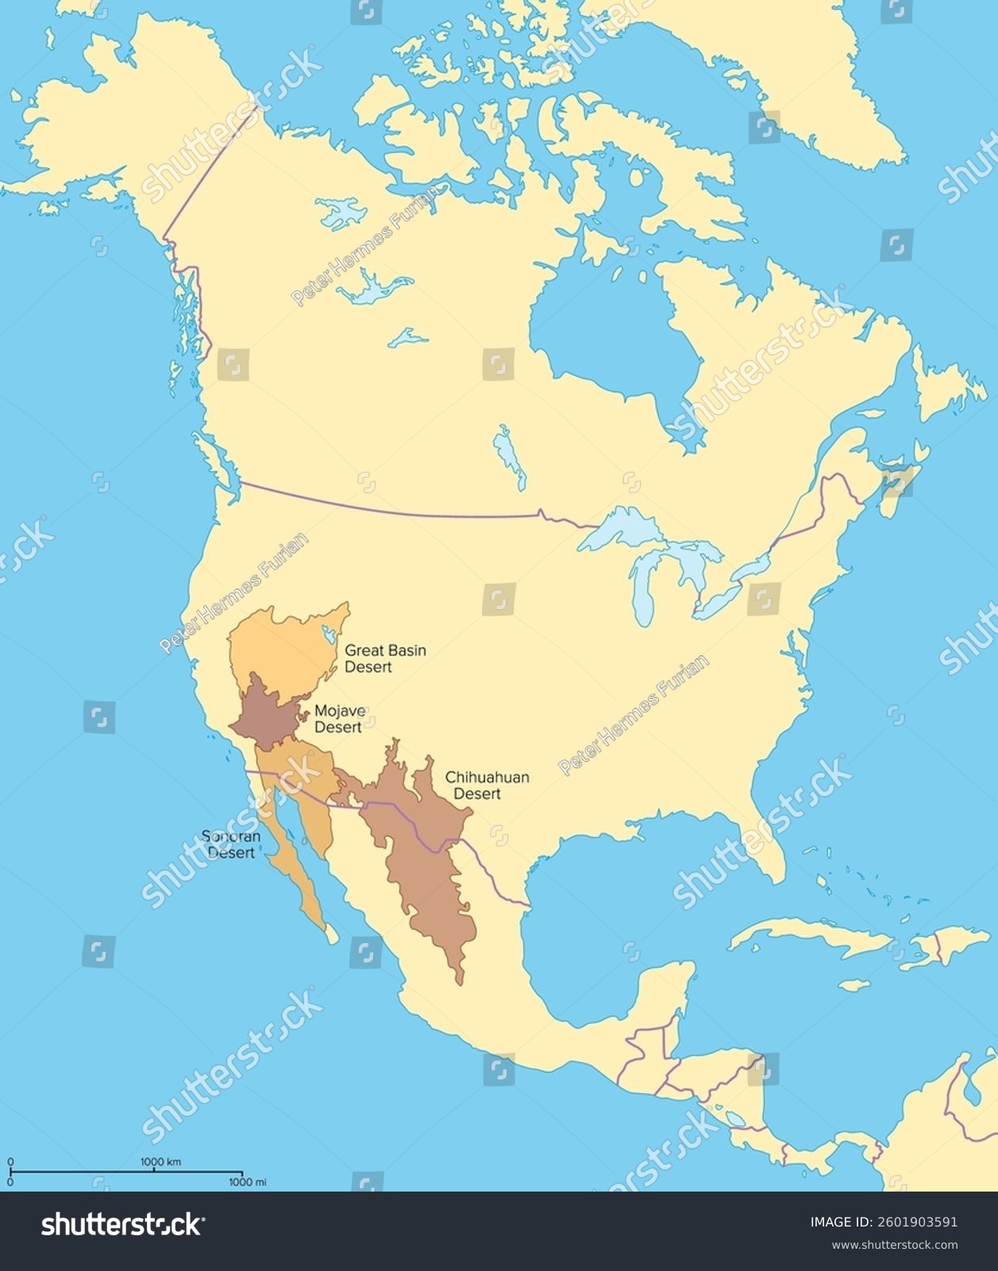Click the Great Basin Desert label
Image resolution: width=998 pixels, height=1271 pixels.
point(384,659)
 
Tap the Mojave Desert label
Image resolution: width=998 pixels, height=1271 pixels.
point(339,719)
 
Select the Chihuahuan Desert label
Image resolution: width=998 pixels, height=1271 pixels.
point(486,786)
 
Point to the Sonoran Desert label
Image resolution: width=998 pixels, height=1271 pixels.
point(231,844)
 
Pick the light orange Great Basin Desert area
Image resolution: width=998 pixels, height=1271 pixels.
point(278,647)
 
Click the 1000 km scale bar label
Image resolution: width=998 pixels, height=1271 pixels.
point(161,1161)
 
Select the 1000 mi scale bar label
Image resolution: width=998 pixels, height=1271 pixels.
point(248,1182)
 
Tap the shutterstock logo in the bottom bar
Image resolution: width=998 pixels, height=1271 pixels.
point(121,1225)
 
